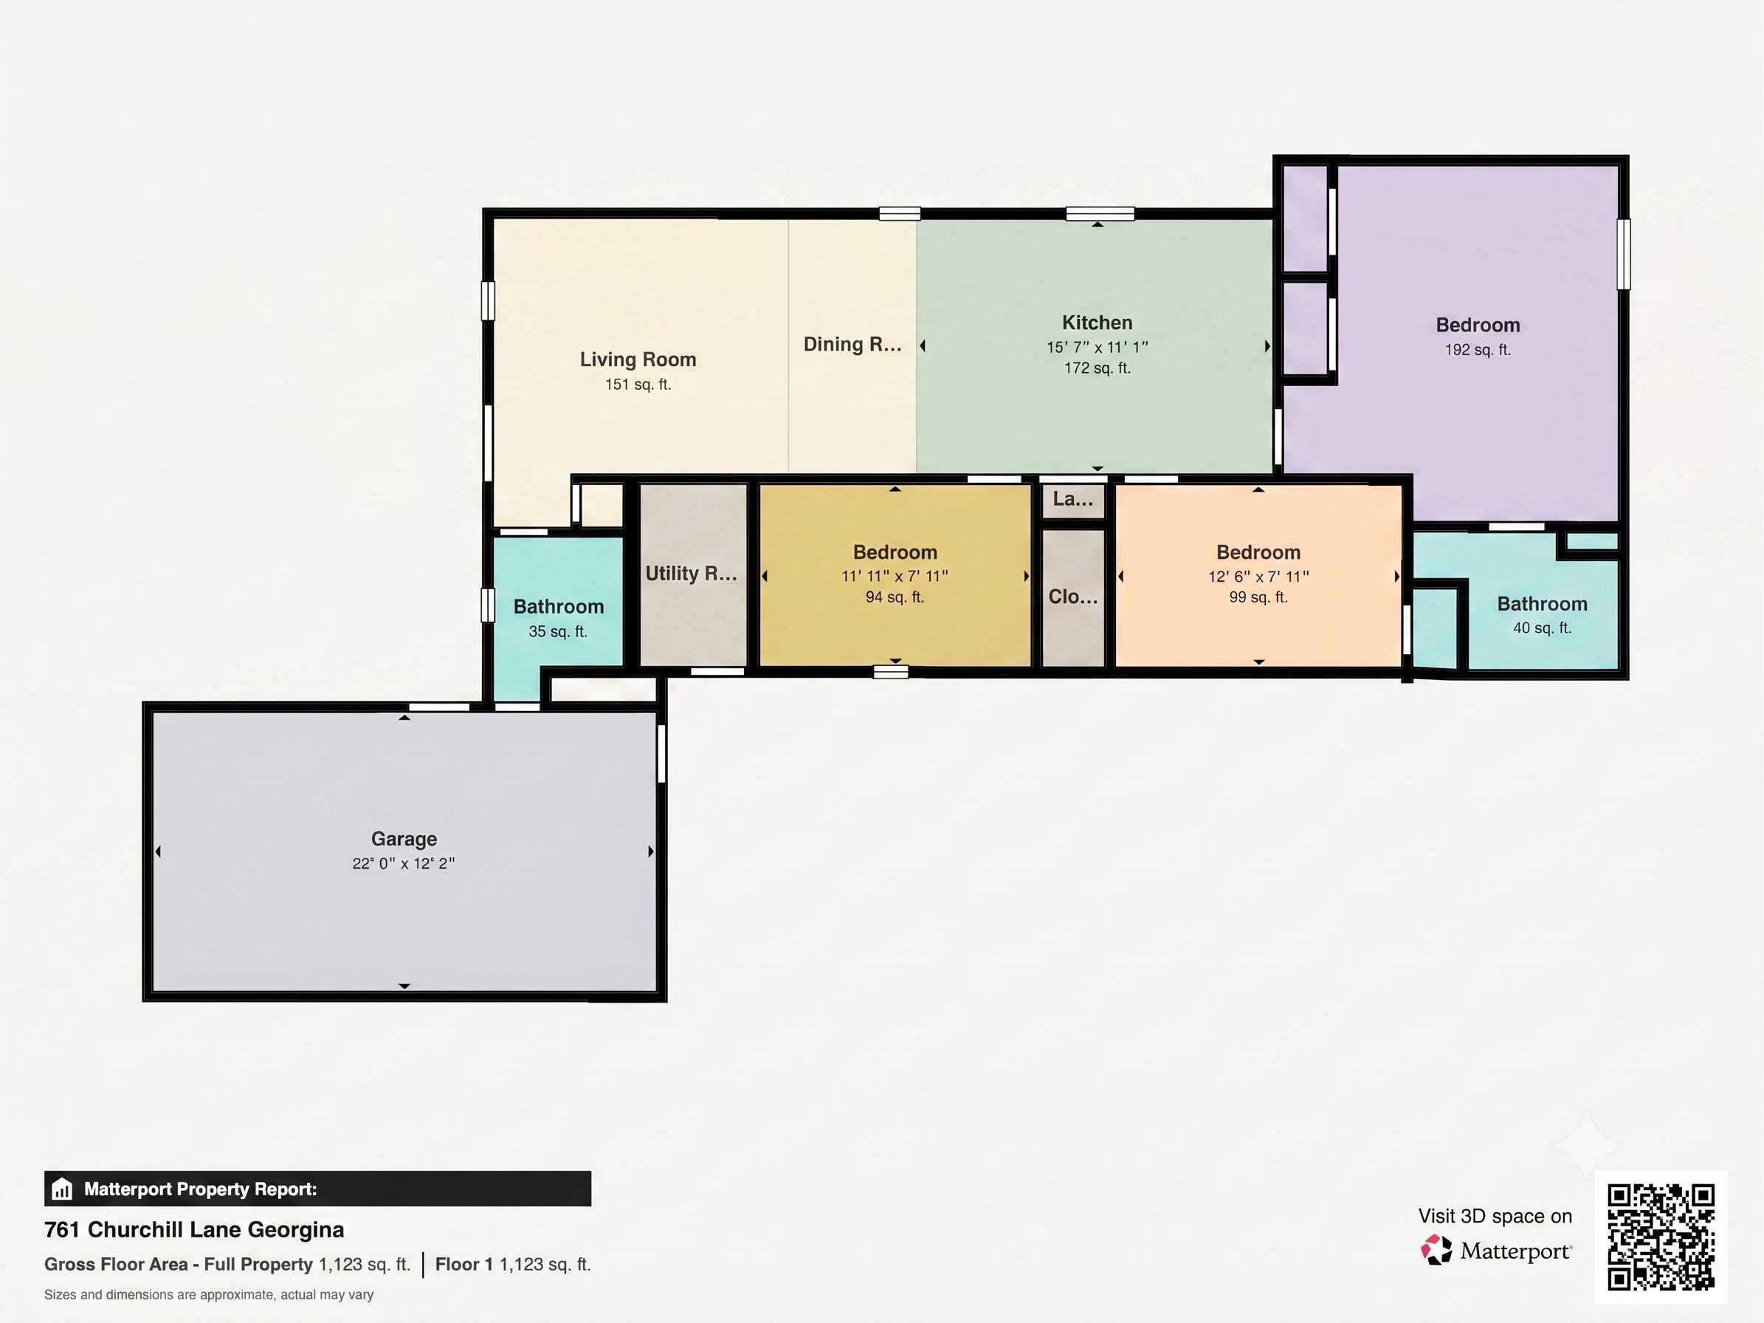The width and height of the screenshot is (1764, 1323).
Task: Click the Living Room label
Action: tap(638, 360)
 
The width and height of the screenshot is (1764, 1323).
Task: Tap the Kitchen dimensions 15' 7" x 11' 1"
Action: tap(1098, 348)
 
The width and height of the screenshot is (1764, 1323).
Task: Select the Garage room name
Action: tap(404, 839)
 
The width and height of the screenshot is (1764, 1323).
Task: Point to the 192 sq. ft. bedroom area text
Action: tap(1478, 350)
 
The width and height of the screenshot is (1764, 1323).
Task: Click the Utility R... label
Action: tap(692, 574)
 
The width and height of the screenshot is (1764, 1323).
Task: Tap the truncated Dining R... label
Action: tap(852, 345)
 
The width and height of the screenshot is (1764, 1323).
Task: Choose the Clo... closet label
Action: tap(1073, 597)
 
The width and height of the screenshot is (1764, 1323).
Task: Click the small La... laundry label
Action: tap(1073, 499)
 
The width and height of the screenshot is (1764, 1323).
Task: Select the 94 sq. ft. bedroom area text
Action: tap(895, 597)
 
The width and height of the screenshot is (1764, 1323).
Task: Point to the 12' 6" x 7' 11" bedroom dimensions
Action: tap(1258, 577)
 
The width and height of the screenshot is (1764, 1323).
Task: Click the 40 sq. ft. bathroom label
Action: tap(1543, 628)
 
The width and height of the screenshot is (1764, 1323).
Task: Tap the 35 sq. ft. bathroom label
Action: tap(558, 631)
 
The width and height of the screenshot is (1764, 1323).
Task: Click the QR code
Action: tap(1661, 1237)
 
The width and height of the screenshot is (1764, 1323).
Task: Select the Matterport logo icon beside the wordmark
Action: tap(1437, 1251)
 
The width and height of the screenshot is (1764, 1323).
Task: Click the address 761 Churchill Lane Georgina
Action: tap(195, 1230)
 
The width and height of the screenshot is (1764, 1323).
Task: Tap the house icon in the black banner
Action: tap(61, 1189)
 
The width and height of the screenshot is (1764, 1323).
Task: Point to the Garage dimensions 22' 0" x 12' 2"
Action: tap(404, 864)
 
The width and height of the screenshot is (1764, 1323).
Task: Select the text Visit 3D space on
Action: tap(1495, 1216)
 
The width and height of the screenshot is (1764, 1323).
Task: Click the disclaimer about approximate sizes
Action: tap(209, 1295)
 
